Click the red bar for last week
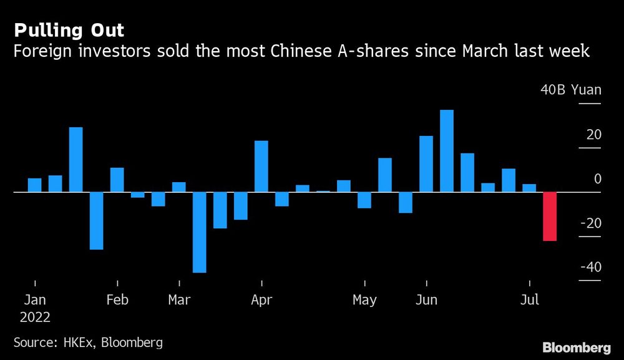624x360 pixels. coord(550,216)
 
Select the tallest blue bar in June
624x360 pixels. coord(446,151)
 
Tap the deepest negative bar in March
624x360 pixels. coord(199,232)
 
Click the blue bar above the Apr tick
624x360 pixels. coord(261,166)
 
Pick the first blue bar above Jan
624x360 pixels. coord(34,185)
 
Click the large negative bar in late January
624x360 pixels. coord(96,221)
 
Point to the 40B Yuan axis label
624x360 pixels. coord(570,90)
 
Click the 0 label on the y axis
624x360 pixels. coord(597,179)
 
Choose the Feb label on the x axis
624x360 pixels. coord(117,300)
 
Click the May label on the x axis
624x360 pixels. coord(364,300)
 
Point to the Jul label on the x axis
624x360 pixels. coord(529,300)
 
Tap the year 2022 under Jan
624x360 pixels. coord(35,316)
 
